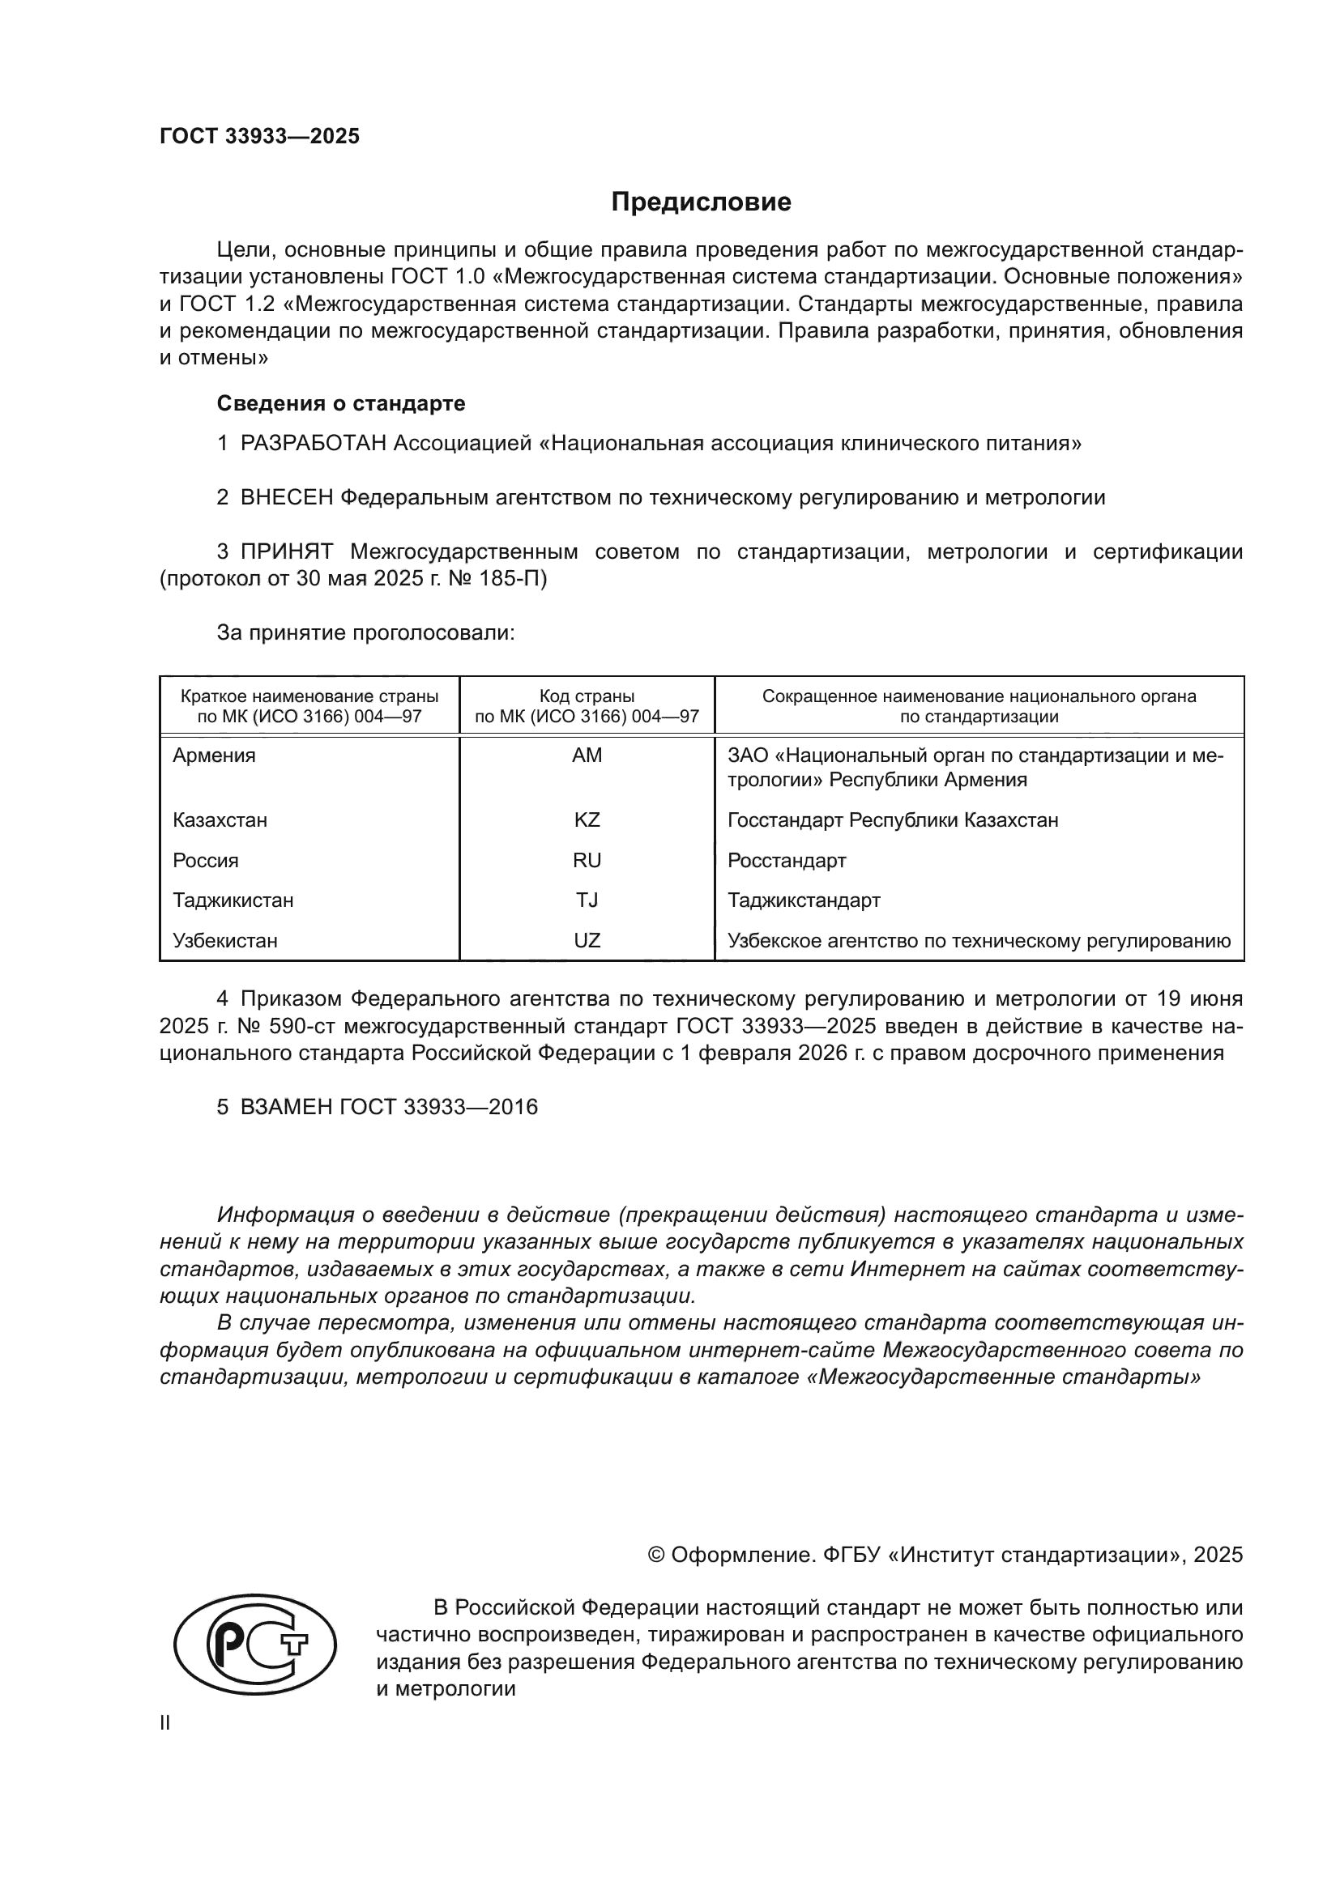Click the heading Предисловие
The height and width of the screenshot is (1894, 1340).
pyautogui.click(x=701, y=202)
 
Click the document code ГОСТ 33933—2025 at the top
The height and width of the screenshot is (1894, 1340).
pyautogui.click(x=260, y=136)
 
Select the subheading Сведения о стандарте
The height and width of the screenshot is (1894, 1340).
pyautogui.click(x=341, y=403)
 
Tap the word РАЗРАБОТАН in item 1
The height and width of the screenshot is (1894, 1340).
pyautogui.click(x=313, y=444)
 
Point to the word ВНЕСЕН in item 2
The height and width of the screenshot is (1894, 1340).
pyautogui.click(x=286, y=497)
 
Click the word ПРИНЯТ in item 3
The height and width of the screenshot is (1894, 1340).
pyautogui.click(x=286, y=552)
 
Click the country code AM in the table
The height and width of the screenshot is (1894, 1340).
pyautogui.click(x=587, y=755)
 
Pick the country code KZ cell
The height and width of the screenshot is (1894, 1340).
pyautogui.click(x=587, y=820)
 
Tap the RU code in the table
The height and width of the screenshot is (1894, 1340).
pyautogui.click(x=587, y=861)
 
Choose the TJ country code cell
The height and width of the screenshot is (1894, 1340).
pyautogui.click(x=587, y=900)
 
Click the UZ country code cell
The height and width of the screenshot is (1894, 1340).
pyautogui.click(x=587, y=940)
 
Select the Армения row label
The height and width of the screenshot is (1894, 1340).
pyautogui.click(x=214, y=755)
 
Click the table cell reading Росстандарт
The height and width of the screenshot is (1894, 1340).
pyautogui.click(x=787, y=861)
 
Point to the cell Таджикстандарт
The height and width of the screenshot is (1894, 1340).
pyautogui.click(x=804, y=900)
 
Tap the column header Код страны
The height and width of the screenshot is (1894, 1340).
pyautogui.click(x=587, y=696)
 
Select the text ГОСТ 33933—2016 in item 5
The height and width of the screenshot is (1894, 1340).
pyautogui.click(x=438, y=1107)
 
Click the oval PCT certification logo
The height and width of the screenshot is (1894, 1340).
pyautogui.click(x=256, y=1644)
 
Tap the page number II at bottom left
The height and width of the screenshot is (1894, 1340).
pyautogui.click(x=165, y=1722)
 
